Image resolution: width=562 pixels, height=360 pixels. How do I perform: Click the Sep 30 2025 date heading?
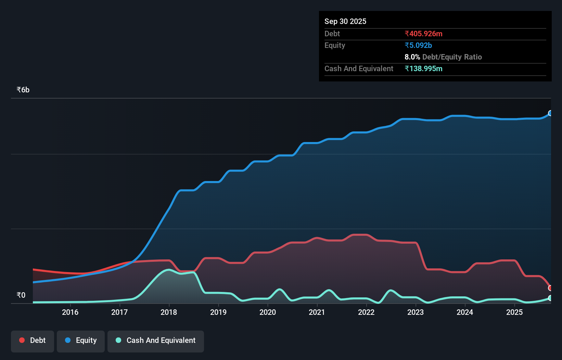(345, 21)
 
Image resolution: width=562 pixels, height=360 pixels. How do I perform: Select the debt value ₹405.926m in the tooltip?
(423, 34)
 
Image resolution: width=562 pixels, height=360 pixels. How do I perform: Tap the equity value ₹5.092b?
(418, 45)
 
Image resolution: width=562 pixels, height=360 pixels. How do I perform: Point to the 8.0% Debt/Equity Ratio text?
(443, 57)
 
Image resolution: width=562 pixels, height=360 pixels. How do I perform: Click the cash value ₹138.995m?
(423, 68)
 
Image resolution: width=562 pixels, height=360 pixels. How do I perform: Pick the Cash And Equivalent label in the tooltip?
(359, 68)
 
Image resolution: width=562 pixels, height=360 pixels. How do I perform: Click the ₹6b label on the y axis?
(23, 90)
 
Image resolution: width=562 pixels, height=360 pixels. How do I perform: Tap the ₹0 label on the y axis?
(21, 295)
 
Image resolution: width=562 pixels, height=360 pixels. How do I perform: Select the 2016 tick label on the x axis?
(70, 312)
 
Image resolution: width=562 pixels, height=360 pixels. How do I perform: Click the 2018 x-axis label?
(169, 312)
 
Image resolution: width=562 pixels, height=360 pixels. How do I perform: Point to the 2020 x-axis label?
(268, 312)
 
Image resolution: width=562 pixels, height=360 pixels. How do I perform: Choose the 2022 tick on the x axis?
(366, 312)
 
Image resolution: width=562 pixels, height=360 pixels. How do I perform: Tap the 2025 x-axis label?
(514, 312)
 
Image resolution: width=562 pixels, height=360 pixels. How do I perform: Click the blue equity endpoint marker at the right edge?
(550, 113)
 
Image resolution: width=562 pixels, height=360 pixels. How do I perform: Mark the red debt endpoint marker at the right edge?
(550, 288)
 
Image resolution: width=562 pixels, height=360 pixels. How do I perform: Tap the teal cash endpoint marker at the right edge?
(550, 298)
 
